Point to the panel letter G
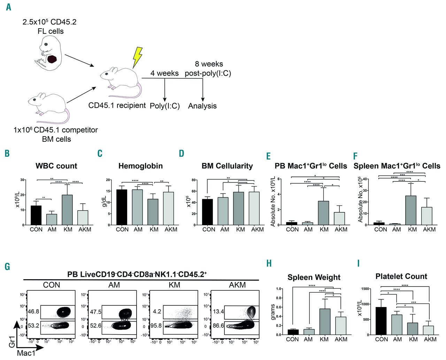pyautogui.click(x=7, y=267)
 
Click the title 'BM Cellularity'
pyautogui.click(x=227, y=166)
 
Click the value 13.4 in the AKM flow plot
pyautogui.click(x=218, y=311)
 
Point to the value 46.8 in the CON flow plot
pyautogui.click(x=33, y=312)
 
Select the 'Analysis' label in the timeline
pyautogui.click(x=202, y=106)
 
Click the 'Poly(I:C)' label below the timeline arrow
pyautogui.click(x=165, y=106)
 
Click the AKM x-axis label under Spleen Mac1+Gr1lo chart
pyautogui.click(x=429, y=229)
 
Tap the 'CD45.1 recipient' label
pyautogui.click(x=117, y=105)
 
